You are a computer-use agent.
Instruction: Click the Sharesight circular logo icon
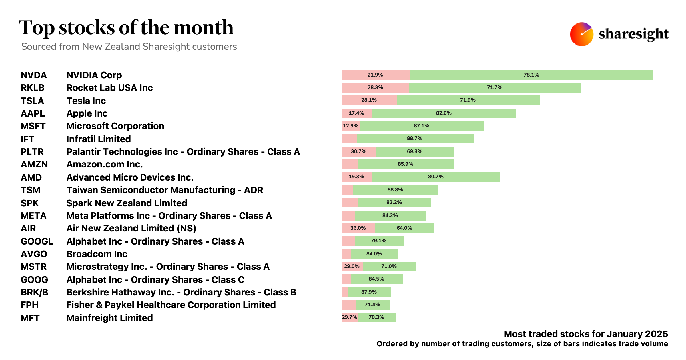581,34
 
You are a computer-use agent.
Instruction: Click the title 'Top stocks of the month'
126,28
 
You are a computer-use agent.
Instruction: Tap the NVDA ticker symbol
34,75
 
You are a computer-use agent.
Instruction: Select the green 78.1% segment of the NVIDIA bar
531,75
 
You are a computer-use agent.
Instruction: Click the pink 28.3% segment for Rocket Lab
375,88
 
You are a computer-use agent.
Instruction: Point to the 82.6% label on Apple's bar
444,113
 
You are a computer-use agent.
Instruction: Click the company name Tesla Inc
86,101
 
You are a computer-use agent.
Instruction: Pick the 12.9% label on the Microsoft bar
350,126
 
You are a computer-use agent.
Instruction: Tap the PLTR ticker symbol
32,152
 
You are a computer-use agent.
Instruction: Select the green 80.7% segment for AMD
436,177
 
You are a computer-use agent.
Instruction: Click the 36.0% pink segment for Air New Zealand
358,228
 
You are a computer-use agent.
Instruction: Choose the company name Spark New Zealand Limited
127,203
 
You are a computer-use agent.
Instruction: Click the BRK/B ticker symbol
34,292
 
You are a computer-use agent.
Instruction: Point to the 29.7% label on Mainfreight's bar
350,317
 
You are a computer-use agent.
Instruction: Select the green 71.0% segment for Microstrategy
389,266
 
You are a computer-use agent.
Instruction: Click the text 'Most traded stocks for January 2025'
586,334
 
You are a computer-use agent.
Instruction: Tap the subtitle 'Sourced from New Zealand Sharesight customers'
129,47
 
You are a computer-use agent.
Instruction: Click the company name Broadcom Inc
97,254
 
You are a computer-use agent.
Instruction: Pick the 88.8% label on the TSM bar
395,190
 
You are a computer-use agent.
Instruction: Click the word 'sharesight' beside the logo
633,34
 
